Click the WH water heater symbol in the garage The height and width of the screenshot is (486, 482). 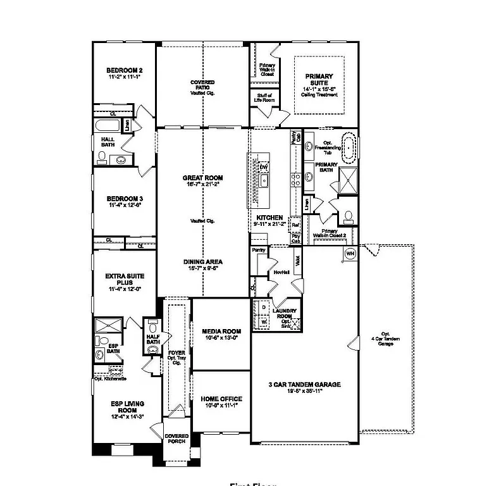[350, 254]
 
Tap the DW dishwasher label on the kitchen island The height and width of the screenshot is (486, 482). [264, 167]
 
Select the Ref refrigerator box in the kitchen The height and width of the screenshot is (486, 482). [295, 225]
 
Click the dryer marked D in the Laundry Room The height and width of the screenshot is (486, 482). [264, 308]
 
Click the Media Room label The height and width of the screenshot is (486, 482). [221, 334]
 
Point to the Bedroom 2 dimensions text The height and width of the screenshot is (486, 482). [124, 77]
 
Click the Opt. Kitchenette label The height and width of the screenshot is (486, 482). [111, 379]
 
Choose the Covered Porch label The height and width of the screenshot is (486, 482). [176, 439]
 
